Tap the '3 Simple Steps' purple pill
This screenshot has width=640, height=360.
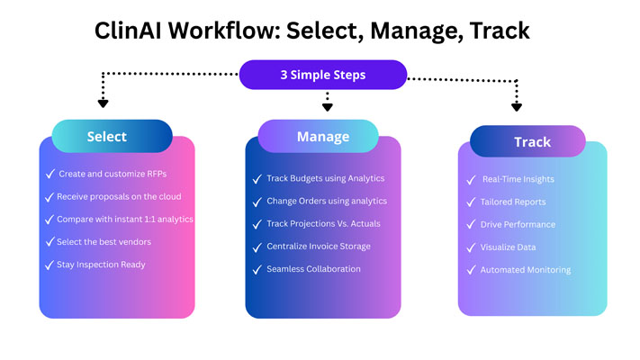tap(322, 75)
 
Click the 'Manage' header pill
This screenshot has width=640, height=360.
tap(323, 137)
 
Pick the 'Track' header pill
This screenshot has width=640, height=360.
tap(527, 142)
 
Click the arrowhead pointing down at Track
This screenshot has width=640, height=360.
tap(517, 106)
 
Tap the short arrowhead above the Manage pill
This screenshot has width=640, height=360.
tap(328, 107)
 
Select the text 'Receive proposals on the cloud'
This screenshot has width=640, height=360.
tap(119, 196)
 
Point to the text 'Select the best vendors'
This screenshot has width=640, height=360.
tap(104, 241)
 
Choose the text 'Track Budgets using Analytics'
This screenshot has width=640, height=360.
tap(325, 178)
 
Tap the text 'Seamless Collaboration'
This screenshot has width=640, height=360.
tap(313, 269)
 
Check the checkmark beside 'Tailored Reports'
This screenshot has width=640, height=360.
tap(470, 202)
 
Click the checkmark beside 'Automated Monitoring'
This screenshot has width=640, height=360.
tap(470, 269)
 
